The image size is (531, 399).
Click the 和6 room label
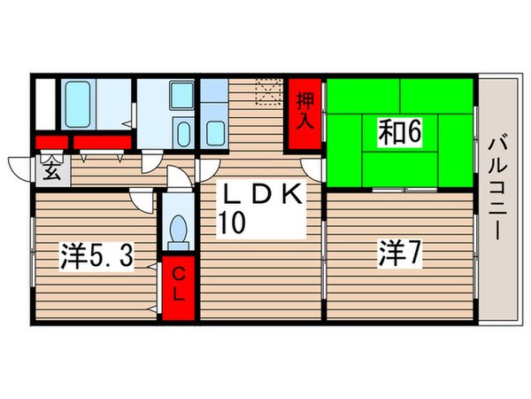tap(401, 133)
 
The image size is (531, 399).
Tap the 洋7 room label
tap(401, 256)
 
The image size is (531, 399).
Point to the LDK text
tap(262, 193)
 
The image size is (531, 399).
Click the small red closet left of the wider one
tap(52, 142)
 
